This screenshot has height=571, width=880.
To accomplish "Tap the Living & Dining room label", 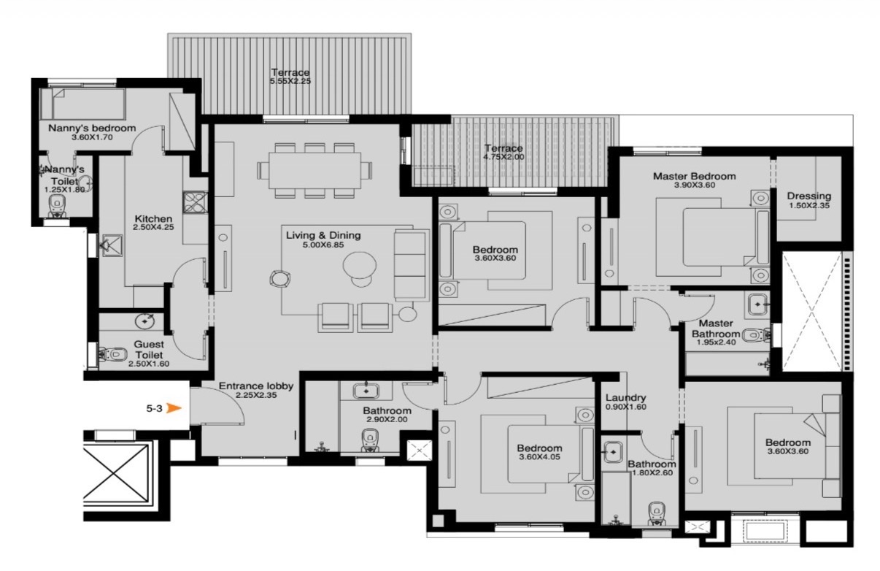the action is point(323,235).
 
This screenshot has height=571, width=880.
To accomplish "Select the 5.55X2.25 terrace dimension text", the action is point(290,81).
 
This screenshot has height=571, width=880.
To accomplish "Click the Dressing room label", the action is point(809,196).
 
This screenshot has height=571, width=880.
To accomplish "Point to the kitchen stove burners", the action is point(195,202).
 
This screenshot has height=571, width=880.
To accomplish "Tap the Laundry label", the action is point(626,397).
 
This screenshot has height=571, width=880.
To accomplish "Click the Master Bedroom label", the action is point(694,176).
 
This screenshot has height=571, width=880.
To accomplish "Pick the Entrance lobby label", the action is point(256,386).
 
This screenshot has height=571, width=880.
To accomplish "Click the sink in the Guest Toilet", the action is point(145,321).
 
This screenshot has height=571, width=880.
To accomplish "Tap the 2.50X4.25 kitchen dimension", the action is point(153,227).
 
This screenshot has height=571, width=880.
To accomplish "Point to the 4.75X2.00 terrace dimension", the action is point(503,157).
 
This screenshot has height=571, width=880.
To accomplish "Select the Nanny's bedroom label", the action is point(92,128).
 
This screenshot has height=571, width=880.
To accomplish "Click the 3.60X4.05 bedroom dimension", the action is point(539,457).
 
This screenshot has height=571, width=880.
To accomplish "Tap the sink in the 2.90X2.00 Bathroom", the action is point(366,391).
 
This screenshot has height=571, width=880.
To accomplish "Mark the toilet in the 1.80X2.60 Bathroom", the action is point(656,513).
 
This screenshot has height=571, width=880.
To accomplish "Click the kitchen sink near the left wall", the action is point(112,246).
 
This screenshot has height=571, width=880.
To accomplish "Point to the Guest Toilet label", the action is point(149,350).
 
